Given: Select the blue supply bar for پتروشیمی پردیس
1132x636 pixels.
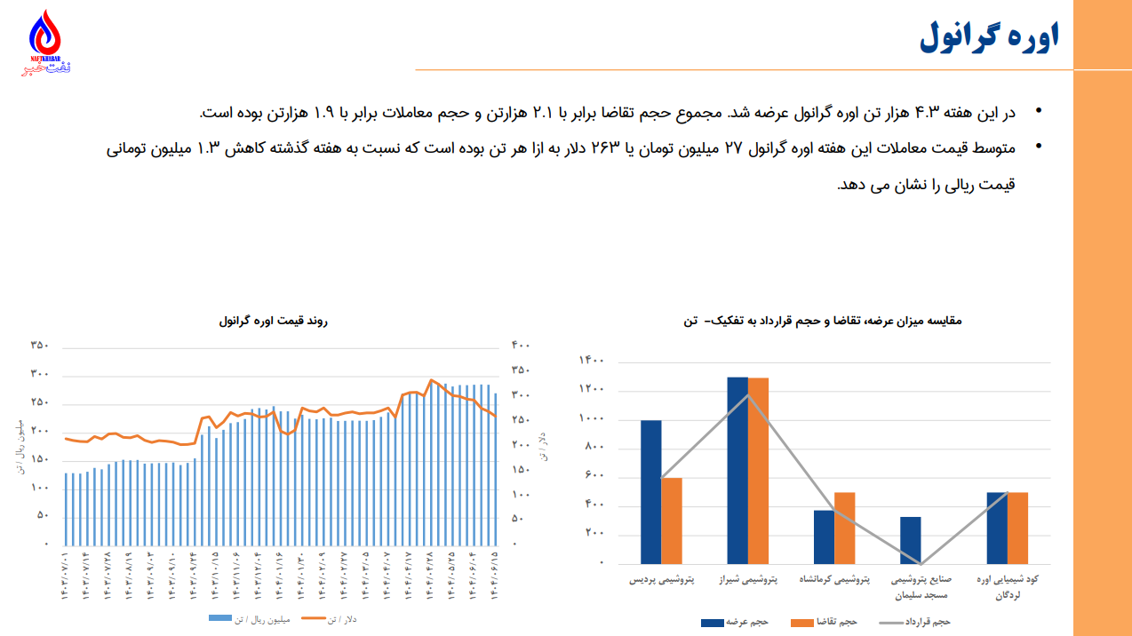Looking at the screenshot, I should tap(651, 491).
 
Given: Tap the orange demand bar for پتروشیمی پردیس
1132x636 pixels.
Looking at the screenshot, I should tap(672, 521).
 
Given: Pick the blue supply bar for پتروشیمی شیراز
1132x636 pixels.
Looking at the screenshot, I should tap(737, 470).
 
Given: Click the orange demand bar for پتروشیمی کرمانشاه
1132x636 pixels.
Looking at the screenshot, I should tap(845, 528).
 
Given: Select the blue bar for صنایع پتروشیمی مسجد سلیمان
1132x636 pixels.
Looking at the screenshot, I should tap(911, 540).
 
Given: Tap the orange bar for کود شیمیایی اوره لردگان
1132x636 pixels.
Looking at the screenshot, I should tap(1017, 528).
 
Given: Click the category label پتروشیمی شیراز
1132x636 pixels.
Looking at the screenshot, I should tap(748, 580).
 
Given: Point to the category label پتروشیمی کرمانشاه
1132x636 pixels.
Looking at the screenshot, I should tap(835, 580).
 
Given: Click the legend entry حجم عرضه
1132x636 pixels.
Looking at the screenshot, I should tap(735, 622).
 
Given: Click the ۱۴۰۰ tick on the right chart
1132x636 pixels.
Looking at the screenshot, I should tap(592, 361).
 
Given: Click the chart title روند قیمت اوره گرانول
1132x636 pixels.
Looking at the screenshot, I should tap(273, 321).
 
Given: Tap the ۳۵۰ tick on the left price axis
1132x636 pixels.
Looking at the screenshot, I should tap(39, 346).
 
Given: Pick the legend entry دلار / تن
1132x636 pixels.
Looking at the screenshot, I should tap(330, 619).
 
